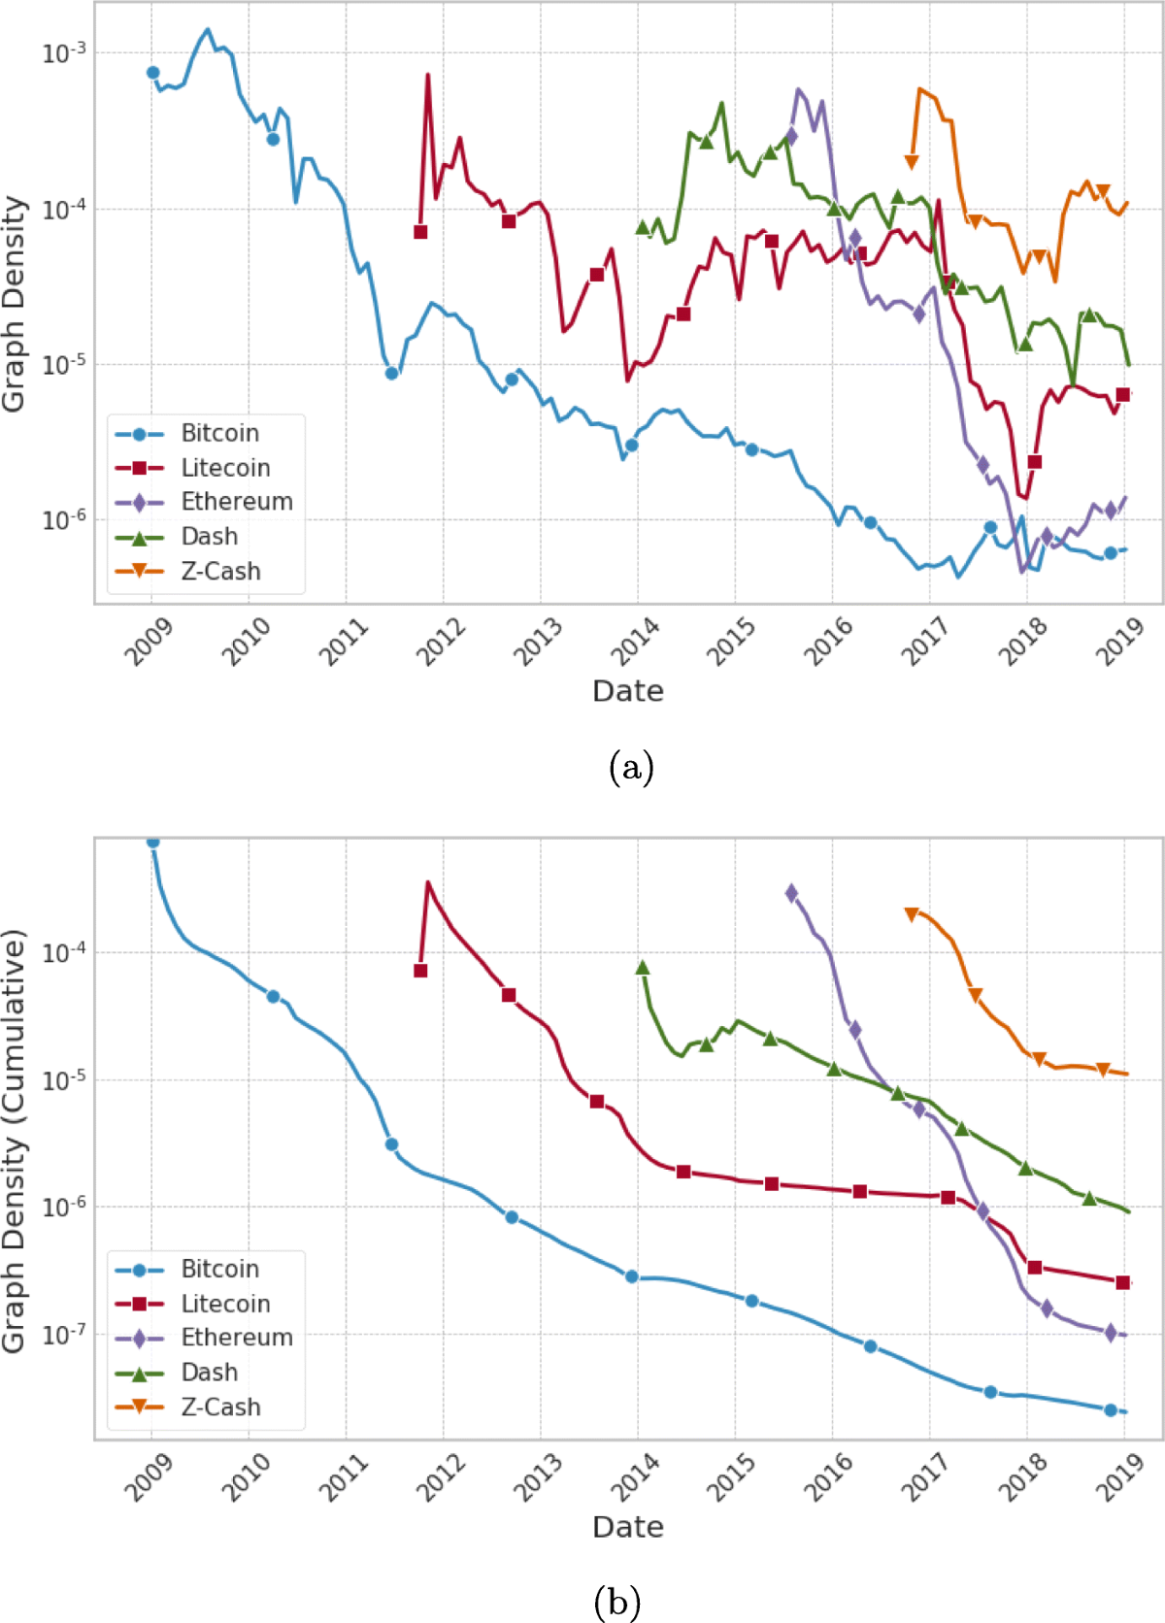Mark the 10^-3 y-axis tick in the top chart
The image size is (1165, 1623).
tap(63, 53)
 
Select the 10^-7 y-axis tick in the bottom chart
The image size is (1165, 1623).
tap(63, 1335)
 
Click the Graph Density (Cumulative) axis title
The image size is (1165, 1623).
tap(14, 1141)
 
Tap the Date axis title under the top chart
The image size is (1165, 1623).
tap(628, 691)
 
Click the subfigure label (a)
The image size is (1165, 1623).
tap(631, 768)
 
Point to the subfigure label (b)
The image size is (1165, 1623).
tap(616, 1601)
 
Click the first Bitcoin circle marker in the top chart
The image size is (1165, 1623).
tap(152, 73)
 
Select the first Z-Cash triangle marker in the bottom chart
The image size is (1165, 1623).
tap(911, 914)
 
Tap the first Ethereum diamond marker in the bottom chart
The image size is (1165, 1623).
tap(791, 893)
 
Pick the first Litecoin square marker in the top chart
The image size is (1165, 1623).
tap(420, 232)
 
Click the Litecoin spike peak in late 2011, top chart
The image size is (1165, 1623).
tap(428, 76)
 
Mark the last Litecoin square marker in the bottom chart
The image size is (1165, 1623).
tap(1123, 1282)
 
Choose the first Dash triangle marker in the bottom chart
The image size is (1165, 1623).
tap(642, 968)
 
